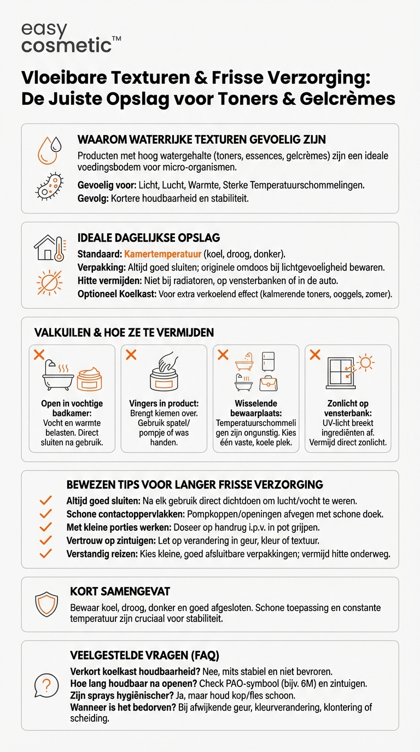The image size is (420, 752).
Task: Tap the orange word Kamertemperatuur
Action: (x=163, y=255)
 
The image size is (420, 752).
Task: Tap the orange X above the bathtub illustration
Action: (x=39, y=355)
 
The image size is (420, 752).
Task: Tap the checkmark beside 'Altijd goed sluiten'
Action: (x=46, y=501)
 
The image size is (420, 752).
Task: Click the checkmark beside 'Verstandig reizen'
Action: (x=46, y=554)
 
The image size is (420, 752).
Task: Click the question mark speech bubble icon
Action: (x=46, y=684)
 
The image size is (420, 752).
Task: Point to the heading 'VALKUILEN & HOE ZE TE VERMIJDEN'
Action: (x=124, y=333)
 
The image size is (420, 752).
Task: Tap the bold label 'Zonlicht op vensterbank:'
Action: (x=348, y=408)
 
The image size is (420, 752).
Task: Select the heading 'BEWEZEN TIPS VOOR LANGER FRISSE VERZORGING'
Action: (x=195, y=485)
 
